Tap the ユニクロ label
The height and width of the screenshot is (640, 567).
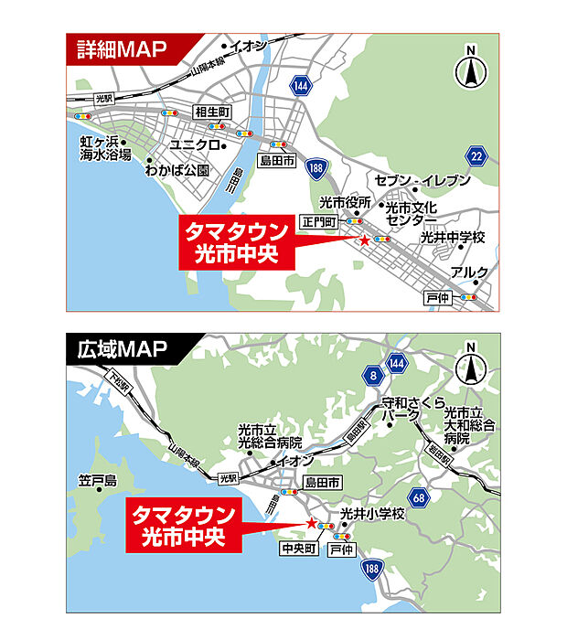coord(195,145)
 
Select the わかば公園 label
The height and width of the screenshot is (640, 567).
coord(182,170)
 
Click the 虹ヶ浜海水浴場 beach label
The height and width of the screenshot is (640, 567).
coord(104,148)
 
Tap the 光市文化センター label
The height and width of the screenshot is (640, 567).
coord(411,214)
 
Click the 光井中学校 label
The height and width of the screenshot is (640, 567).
coord(453,238)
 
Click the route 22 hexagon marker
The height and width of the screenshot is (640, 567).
coord(475,157)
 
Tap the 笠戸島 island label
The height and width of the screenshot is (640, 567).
coord(99,481)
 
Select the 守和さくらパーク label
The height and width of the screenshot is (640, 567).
coord(412,408)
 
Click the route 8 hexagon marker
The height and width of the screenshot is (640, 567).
coord(373,375)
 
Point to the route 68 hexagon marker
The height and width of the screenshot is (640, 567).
coord(420,498)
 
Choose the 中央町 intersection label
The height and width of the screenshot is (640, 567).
coord(299,549)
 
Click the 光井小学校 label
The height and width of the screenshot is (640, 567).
coord(371,515)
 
